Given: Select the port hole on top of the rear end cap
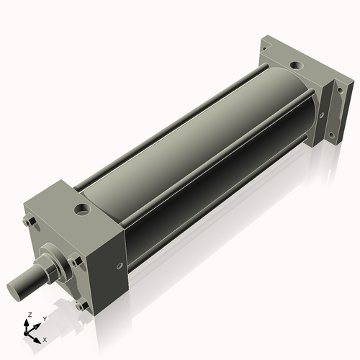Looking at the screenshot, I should [297, 67].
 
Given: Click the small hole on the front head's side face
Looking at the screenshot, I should [120, 266].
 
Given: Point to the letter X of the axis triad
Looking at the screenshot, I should [45, 338].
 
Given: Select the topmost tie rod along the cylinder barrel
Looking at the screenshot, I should [173, 120].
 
